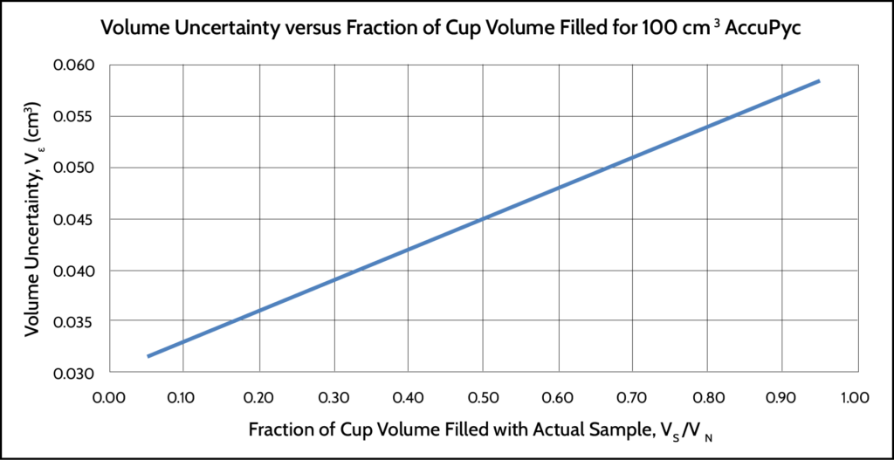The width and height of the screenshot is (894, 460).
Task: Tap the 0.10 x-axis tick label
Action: pos(183,398)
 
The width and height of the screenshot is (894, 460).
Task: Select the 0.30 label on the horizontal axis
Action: pos(333,398)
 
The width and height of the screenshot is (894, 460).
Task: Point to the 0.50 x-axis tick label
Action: pos(482,398)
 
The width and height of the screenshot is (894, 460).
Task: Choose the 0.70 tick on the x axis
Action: pos(630,398)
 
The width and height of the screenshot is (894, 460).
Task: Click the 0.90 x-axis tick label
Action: pos(780,398)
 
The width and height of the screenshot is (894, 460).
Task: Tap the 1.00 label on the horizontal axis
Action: pos(853,398)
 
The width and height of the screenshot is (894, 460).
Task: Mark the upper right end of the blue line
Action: pos(819,81)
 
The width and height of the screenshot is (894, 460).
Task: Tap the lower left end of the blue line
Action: pos(148,355)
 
